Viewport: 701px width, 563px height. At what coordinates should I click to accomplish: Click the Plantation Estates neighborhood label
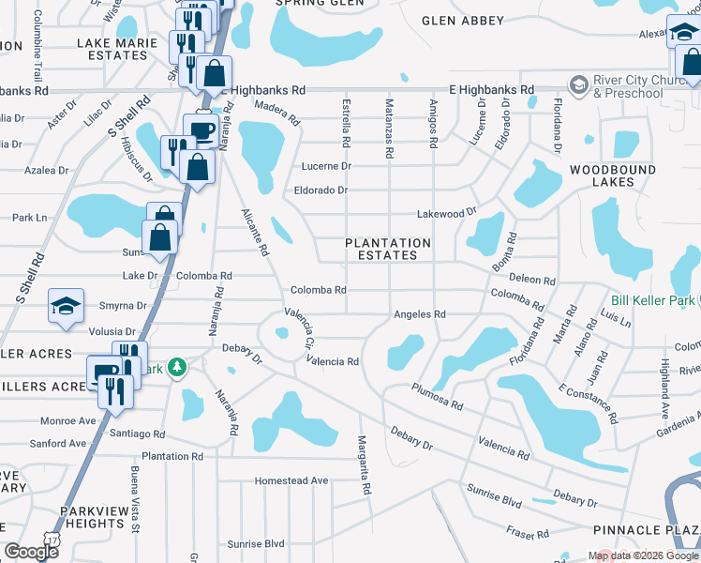[388, 249]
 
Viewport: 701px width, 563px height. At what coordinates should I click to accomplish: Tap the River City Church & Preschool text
[640, 87]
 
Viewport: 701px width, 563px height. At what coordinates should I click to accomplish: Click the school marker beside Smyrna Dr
[67, 308]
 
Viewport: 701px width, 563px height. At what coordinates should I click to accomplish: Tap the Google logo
[31, 552]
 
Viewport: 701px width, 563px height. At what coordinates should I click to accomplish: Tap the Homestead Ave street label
[293, 480]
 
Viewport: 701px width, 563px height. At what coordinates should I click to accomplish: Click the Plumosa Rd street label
[437, 397]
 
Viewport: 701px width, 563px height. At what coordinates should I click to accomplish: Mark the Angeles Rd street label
[419, 314]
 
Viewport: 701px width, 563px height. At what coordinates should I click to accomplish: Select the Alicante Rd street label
[254, 233]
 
